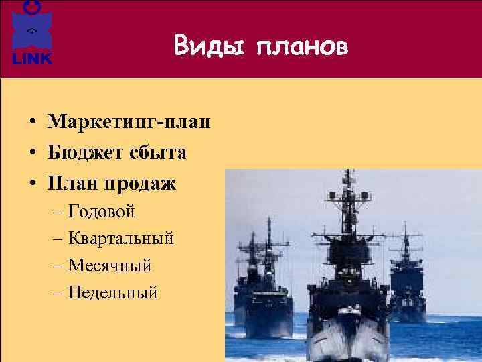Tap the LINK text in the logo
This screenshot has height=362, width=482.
pyautogui.click(x=32, y=59)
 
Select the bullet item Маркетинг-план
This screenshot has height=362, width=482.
pyautogui.click(x=129, y=122)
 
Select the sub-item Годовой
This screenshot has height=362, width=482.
pyautogui.click(x=102, y=212)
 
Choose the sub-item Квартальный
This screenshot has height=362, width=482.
pyautogui.click(x=121, y=238)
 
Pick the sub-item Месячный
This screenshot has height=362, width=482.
pyautogui.click(x=110, y=265)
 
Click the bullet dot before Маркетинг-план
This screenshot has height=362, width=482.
pyautogui.click(x=32, y=123)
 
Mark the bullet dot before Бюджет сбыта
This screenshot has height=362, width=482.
pyautogui.click(x=32, y=154)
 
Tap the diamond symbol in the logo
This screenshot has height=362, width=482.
pyautogui.click(x=31, y=32)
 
